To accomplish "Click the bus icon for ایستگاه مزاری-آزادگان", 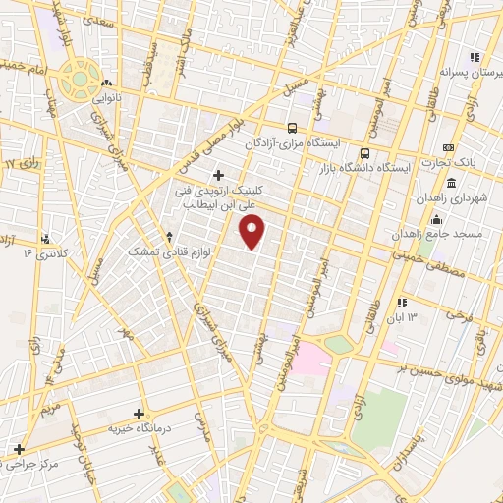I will (291, 128).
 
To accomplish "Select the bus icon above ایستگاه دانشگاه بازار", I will (364, 153).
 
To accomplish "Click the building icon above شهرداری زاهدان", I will (451, 184).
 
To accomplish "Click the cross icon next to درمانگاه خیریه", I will (139, 414).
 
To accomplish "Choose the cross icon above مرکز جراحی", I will (19, 448).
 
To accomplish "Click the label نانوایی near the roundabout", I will (106, 98).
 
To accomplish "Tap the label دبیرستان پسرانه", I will (471, 72).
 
